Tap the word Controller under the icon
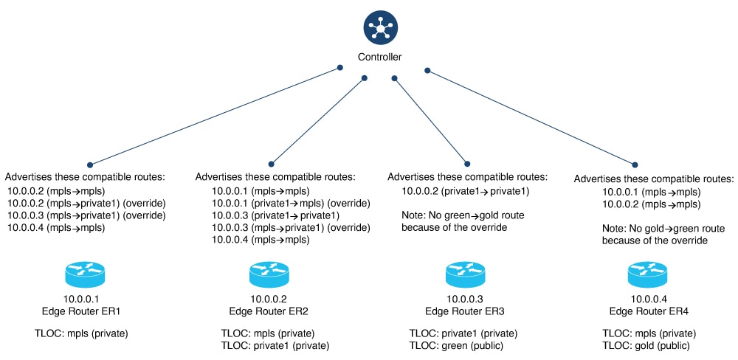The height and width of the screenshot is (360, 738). [x=379, y=57]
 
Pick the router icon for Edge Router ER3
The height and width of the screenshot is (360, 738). [x=465, y=275]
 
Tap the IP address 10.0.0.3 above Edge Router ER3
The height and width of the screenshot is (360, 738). [x=465, y=300]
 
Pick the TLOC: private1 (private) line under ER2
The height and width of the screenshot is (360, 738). [x=275, y=345]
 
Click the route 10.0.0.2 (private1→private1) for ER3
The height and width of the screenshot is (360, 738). [x=466, y=191]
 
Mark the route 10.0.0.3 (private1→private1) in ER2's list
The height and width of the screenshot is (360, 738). [x=275, y=215]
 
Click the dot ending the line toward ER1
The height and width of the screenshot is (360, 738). [x=90, y=165]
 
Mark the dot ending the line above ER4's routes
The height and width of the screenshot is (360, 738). [x=635, y=165]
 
